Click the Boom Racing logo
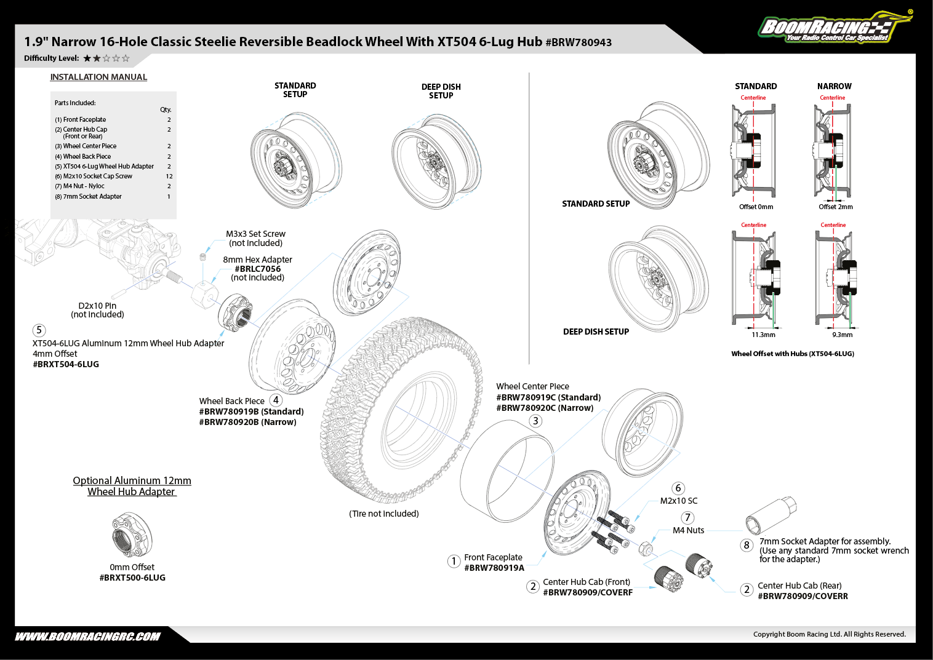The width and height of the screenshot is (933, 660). pos(834,28)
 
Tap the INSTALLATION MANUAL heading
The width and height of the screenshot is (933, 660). pos(98,77)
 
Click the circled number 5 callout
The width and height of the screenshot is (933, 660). pos(39,330)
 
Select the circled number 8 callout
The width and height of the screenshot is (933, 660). pos(747,545)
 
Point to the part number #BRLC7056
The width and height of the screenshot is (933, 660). pos(257,269)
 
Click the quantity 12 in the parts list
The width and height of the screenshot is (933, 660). pos(169,177)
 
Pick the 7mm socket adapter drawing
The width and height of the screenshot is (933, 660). pos(771,515)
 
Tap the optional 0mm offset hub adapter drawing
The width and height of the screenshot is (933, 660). pos(132,535)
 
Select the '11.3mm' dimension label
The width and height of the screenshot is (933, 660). pos(763,335)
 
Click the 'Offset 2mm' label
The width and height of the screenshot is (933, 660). pos(836,207)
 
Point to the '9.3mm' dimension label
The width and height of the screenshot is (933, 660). pos(842,335)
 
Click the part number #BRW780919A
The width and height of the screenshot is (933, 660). pos(494,568)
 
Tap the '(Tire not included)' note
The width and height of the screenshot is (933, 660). pos(384,514)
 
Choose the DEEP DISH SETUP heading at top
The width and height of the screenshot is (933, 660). pos(441,91)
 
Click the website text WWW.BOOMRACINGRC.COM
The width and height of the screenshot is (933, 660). pos(87,637)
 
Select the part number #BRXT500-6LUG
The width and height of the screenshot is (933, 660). pos(132,578)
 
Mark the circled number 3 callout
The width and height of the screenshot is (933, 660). pos(535,421)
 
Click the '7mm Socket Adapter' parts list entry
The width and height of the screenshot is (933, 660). pos(92,197)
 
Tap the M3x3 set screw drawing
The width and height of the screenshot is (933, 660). pos(202,256)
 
